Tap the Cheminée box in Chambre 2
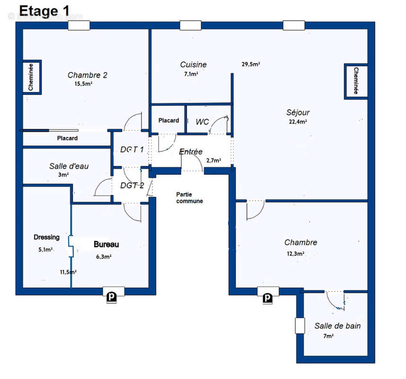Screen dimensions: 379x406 (31, 77)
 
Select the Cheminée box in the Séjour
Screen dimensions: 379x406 (356, 81)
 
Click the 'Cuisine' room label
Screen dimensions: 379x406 (193, 64)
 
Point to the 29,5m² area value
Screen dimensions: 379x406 (251, 64)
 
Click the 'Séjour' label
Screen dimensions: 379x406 (298, 113)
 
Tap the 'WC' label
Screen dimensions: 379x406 (203, 122)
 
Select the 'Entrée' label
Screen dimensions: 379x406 (191, 152)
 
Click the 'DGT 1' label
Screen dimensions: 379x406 (132, 150)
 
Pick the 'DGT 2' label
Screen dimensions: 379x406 (132, 185)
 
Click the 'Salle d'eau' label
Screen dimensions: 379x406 (69, 166)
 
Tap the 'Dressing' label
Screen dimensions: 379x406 (46, 237)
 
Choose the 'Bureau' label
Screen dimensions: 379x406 (106, 244)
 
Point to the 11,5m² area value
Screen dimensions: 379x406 (68, 272)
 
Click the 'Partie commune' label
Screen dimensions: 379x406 (189, 198)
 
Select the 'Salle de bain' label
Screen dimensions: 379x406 (337, 326)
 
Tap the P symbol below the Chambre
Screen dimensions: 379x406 (267, 298)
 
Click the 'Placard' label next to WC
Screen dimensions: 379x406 (168, 120)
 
